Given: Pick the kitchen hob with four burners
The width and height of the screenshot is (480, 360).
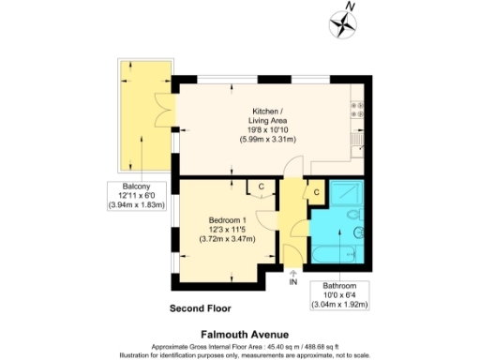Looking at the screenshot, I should [x=359, y=110].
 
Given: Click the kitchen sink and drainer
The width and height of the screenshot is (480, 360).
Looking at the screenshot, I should [x=358, y=139].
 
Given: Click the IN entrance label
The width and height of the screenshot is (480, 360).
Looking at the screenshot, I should [x=293, y=281].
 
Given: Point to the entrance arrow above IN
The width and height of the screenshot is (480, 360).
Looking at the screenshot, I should [x=293, y=271].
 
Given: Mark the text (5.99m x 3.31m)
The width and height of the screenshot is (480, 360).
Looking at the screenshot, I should [x=267, y=139].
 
